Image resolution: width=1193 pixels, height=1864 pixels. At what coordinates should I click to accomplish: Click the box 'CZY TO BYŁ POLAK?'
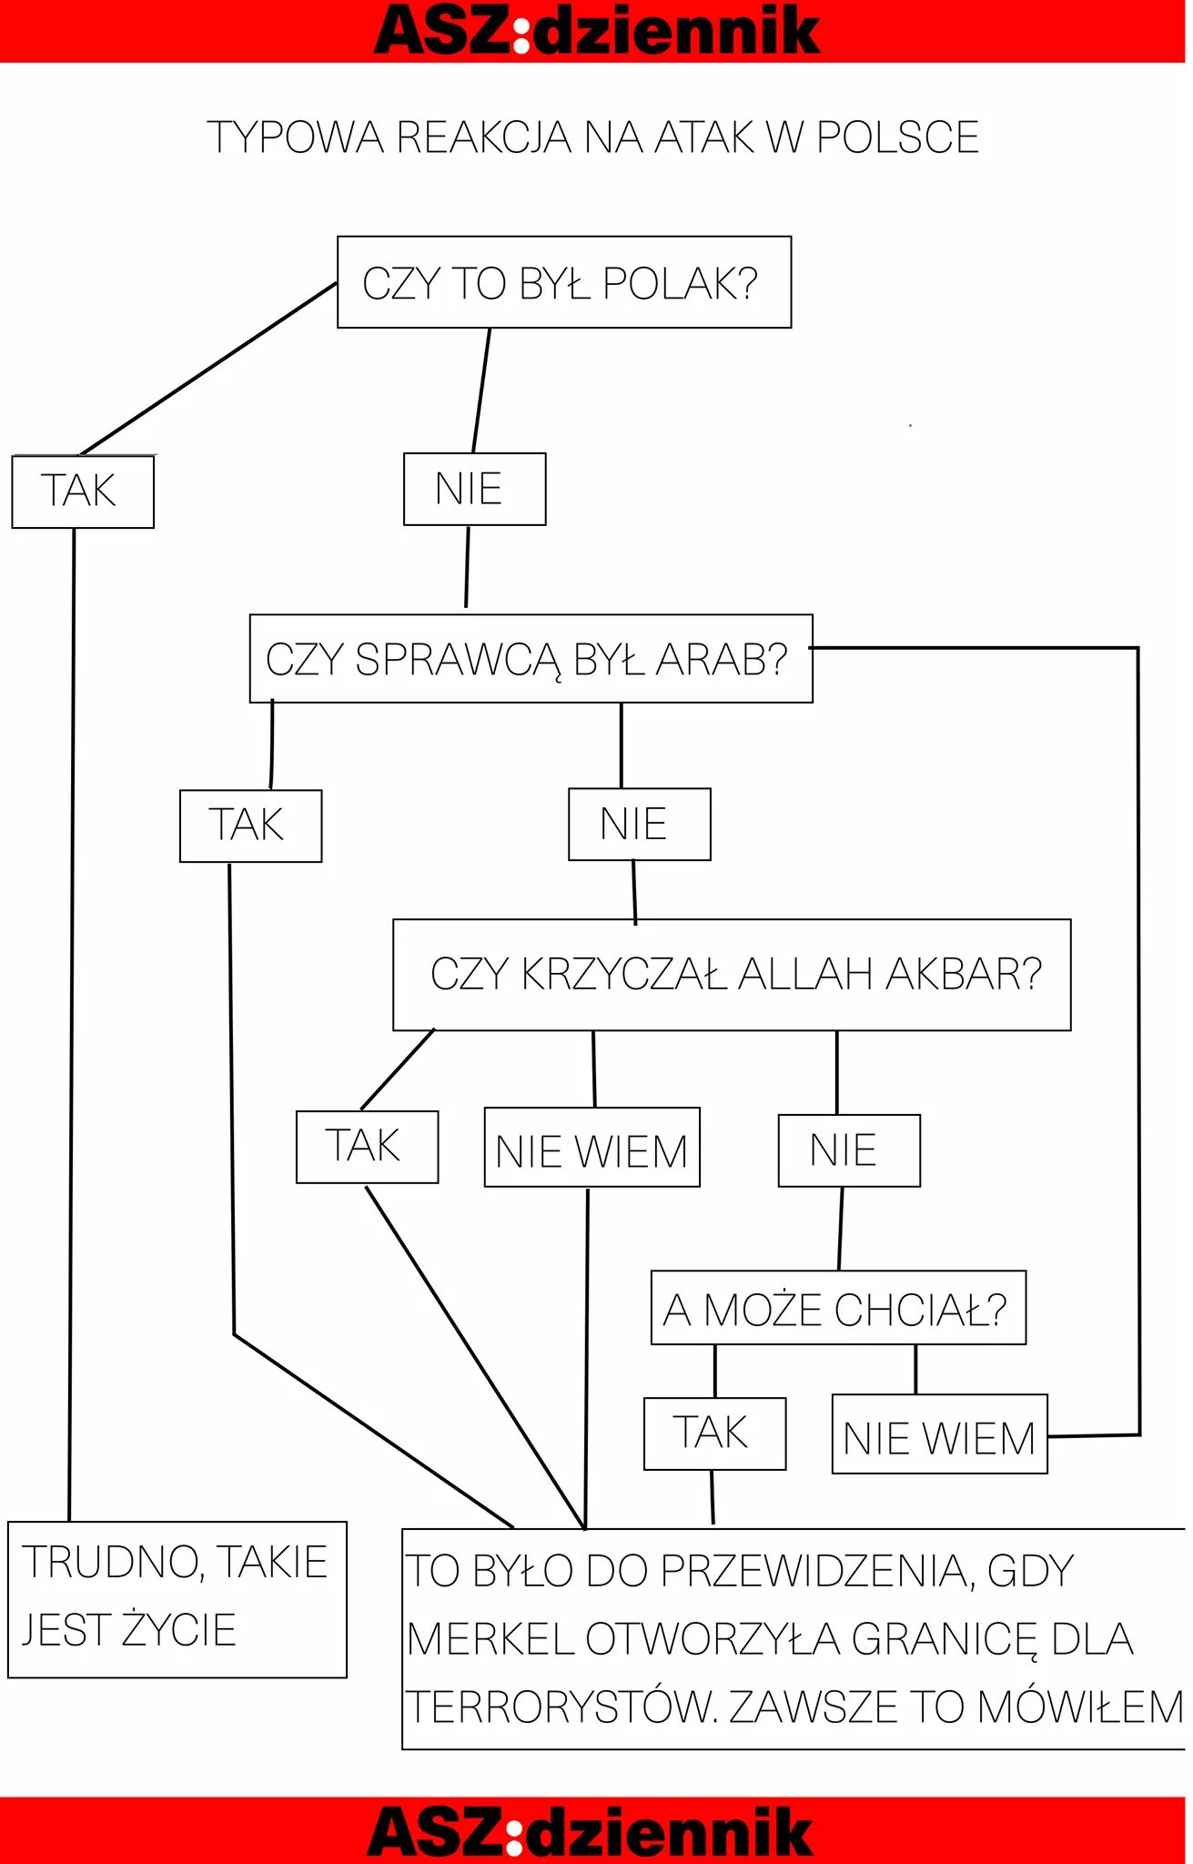tap(564, 282)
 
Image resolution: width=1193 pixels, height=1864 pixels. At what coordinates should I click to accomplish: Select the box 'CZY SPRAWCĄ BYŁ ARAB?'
tap(531, 659)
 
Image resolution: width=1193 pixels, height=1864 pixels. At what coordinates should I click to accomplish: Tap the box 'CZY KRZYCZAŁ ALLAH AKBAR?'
tap(732, 975)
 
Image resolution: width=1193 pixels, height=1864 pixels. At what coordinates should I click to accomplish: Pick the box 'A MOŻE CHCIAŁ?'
tap(838, 1308)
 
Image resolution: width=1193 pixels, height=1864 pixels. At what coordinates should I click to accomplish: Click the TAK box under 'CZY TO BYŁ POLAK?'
tap(83, 491)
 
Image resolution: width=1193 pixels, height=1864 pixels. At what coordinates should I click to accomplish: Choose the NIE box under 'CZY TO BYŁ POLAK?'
tap(474, 489)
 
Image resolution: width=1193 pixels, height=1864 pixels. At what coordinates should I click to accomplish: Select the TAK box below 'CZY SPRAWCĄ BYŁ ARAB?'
tap(250, 826)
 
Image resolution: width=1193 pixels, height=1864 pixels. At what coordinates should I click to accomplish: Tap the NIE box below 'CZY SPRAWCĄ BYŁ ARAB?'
tap(639, 825)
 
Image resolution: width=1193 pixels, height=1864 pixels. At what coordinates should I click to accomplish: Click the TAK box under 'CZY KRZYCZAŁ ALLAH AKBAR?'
tap(367, 1147)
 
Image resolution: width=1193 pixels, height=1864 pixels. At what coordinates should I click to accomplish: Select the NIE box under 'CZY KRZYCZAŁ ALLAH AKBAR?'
tap(849, 1150)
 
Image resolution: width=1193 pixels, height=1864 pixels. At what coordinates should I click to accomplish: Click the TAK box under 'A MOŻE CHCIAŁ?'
tap(714, 1433)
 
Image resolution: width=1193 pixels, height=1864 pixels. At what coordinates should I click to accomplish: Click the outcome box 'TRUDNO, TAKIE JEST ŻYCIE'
tap(177, 1599)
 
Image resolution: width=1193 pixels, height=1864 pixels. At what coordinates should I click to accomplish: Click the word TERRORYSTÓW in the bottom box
tap(560, 1707)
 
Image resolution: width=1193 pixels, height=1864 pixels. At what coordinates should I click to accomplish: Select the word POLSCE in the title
tap(897, 137)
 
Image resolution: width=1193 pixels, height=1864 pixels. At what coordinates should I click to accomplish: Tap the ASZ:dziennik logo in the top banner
tap(597, 30)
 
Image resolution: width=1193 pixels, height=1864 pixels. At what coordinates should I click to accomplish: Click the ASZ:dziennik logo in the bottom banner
tap(590, 1831)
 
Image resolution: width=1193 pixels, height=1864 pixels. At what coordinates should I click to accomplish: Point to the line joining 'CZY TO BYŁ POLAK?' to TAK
tap(209, 368)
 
